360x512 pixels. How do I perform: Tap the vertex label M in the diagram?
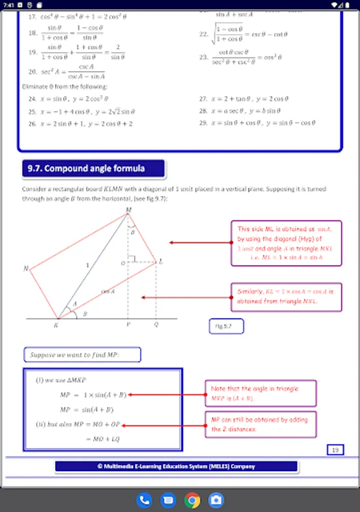click(x=128, y=210)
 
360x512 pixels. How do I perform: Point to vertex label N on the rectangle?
click(x=26, y=269)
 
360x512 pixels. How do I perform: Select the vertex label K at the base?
click(x=55, y=325)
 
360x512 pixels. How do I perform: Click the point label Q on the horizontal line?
click(x=156, y=325)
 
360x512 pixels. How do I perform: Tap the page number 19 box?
click(x=335, y=450)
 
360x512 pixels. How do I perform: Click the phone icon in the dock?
click(x=144, y=500)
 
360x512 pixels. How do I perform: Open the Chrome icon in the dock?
click(x=192, y=500)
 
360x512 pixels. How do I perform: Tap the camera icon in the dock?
click(x=216, y=500)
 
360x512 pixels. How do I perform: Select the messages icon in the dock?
click(x=168, y=500)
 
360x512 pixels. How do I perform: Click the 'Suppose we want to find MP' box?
click(x=82, y=356)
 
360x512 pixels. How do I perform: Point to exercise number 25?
click(x=32, y=112)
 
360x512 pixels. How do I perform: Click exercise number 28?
click(x=202, y=112)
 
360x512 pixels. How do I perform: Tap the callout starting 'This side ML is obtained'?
click(x=286, y=243)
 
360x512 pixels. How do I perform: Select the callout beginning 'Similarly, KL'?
click(x=285, y=296)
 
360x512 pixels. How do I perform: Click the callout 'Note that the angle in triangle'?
click(x=260, y=393)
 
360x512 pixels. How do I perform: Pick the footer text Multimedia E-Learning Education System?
click(x=176, y=466)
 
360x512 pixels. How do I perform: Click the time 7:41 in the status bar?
click(x=8, y=4)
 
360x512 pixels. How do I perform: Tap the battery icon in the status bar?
click(x=347, y=4)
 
